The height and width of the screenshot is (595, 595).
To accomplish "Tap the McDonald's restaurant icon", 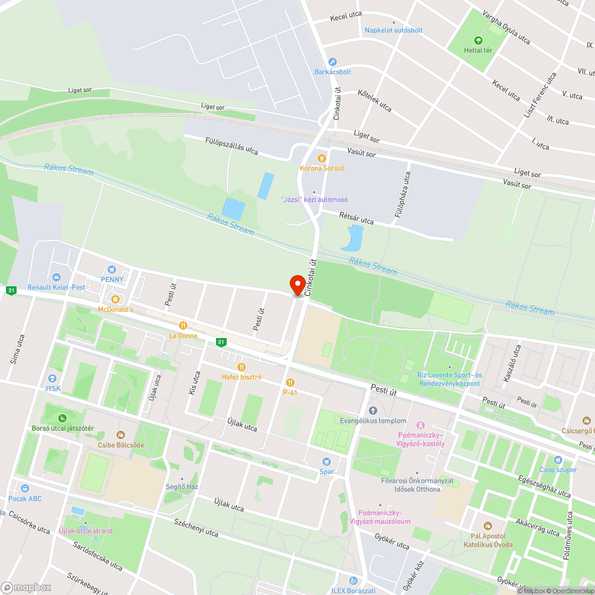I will tap(115, 299).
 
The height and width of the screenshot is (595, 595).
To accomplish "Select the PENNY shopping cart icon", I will tap(111, 270).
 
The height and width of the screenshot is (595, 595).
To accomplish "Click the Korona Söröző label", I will tap(322, 168).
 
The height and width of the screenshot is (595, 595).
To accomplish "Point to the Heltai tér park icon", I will tap(478, 40).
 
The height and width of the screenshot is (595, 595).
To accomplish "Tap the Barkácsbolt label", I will tap(333, 72).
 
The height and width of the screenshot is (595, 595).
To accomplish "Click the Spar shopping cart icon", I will tap(326, 462).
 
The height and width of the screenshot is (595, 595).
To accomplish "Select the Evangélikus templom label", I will tap(373, 421).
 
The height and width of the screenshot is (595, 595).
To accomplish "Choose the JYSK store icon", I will tap(52, 378).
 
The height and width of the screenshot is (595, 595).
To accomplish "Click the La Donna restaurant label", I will tap(183, 336).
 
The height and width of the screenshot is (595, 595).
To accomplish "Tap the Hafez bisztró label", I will tap(242, 377).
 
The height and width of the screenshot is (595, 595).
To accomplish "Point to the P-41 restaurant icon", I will tap(290, 383).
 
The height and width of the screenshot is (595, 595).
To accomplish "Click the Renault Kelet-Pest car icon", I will tap(57, 277).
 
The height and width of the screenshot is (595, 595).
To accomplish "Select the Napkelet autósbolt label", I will tap(393, 30).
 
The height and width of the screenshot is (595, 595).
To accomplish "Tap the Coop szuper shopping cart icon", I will tap(558, 460).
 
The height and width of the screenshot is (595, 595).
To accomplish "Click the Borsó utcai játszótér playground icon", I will tap(63, 418).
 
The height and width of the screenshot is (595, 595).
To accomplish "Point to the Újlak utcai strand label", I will tap(86, 531).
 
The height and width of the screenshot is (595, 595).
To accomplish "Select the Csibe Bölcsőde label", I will tap(121, 444).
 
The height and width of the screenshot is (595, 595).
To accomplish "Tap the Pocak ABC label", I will tap(25, 499).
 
